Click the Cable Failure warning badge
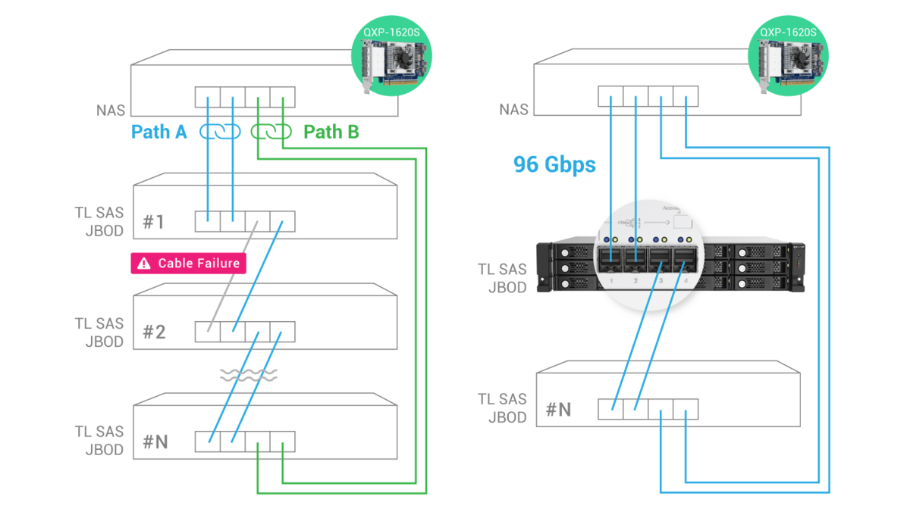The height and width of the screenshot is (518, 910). pyautogui.click(x=190, y=263)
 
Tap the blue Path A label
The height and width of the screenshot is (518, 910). pyautogui.click(x=159, y=133)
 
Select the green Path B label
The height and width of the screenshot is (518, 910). pyautogui.click(x=331, y=133)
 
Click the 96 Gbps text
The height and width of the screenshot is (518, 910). pyautogui.click(x=554, y=164)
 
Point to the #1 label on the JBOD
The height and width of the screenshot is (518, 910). pyautogui.click(x=154, y=222)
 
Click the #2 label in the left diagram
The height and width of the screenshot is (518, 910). pyautogui.click(x=154, y=332)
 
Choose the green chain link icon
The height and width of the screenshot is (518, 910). pyautogui.click(x=271, y=132)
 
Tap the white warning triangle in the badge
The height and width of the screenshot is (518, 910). pyautogui.click(x=143, y=264)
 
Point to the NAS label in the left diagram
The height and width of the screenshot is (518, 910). pyautogui.click(x=110, y=111)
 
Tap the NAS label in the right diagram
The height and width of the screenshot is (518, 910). pyautogui.click(x=513, y=111)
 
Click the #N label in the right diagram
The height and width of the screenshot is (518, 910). pyautogui.click(x=559, y=410)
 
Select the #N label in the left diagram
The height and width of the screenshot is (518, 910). pyautogui.click(x=155, y=442)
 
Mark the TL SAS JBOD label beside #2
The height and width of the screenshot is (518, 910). pyautogui.click(x=99, y=332)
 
